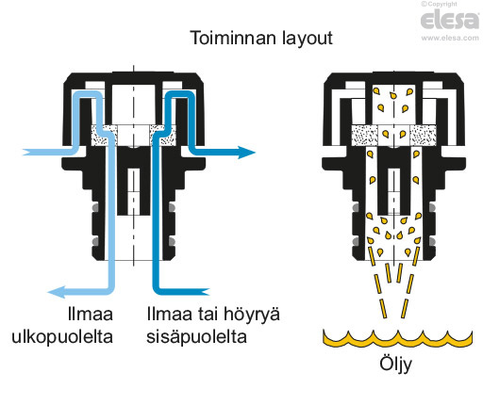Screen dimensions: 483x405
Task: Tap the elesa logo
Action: tap(450, 19)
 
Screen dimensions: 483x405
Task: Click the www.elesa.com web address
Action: tap(450, 38)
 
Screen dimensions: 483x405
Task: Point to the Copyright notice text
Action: tap(440, 4)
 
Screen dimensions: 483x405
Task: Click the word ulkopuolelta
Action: tap(62, 337)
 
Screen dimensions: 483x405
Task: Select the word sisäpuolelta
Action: tap(197, 337)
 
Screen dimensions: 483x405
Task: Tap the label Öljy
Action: tap(395, 364)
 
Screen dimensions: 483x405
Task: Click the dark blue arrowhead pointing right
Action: tap(246, 153)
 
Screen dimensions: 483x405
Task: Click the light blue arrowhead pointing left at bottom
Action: tap(56, 292)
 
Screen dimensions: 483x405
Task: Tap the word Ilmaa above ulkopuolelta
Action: tap(91, 314)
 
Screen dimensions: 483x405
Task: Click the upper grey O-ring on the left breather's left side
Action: tap(94, 207)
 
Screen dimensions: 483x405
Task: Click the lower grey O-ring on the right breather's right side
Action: tap(432, 241)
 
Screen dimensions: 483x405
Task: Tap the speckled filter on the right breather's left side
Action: tap(364, 136)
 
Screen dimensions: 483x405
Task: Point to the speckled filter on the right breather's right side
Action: tap(424, 136)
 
